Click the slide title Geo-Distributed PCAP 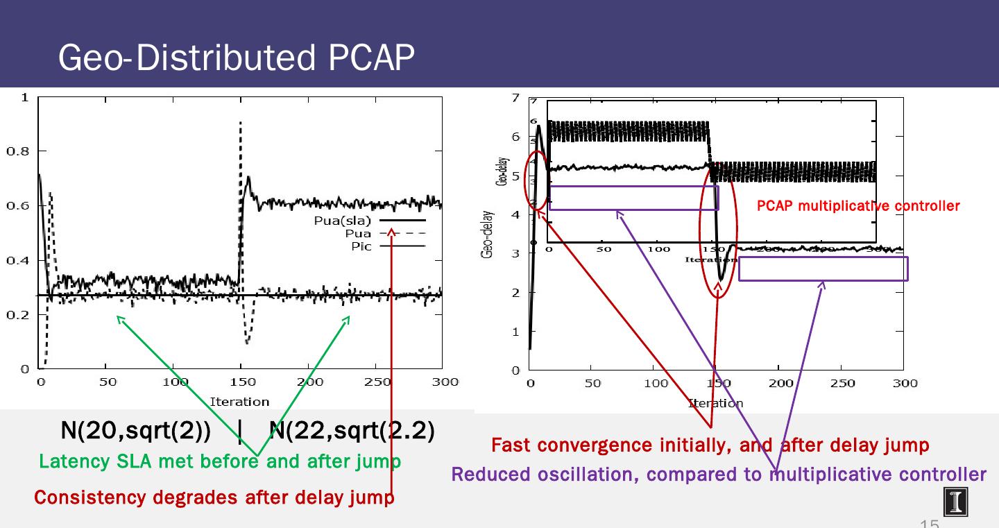coord(236,58)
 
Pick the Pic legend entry coord(361,246)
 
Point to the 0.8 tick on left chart coord(19,151)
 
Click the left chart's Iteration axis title coord(239,402)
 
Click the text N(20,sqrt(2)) coord(135,431)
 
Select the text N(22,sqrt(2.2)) coord(351,431)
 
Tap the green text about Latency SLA coord(219,461)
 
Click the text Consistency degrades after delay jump coord(214,497)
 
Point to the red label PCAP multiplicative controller coord(858,206)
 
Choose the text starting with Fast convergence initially coord(710,445)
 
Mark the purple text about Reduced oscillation coord(718,475)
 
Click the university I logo coord(955,502)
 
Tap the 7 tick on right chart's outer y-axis coord(515,97)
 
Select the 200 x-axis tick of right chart coord(781,383)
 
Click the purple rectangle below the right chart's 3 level coord(823,269)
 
